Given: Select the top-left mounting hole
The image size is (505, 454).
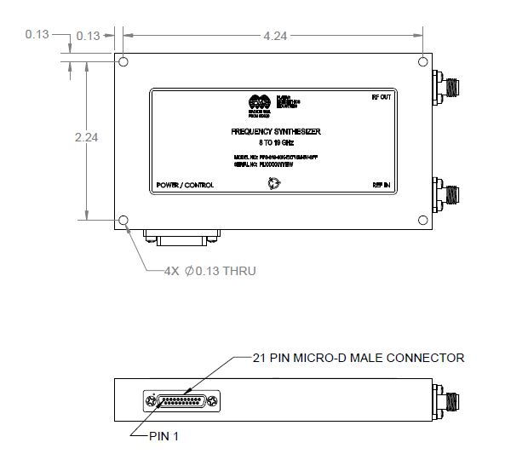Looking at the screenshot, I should (x=124, y=63).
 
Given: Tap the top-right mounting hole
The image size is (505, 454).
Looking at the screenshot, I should (x=423, y=63).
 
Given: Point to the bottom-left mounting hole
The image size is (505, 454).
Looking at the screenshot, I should (x=124, y=221).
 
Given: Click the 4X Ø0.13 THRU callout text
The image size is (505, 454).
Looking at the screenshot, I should (x=209, y=271).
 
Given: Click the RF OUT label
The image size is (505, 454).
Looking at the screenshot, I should (x=380, y=96).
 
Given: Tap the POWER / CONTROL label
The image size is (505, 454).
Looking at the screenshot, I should (x=185, y=185).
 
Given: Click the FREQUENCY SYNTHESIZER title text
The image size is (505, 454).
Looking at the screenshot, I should (x=274, y=133).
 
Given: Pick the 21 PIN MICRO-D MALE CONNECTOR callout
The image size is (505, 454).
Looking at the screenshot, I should (x=359, y=358).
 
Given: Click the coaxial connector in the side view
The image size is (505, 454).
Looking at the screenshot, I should (x=447, y=400).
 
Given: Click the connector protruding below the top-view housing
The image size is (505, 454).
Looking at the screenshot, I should (x=182, y=234).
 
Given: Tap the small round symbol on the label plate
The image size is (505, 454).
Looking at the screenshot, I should (x=273, y=182).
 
